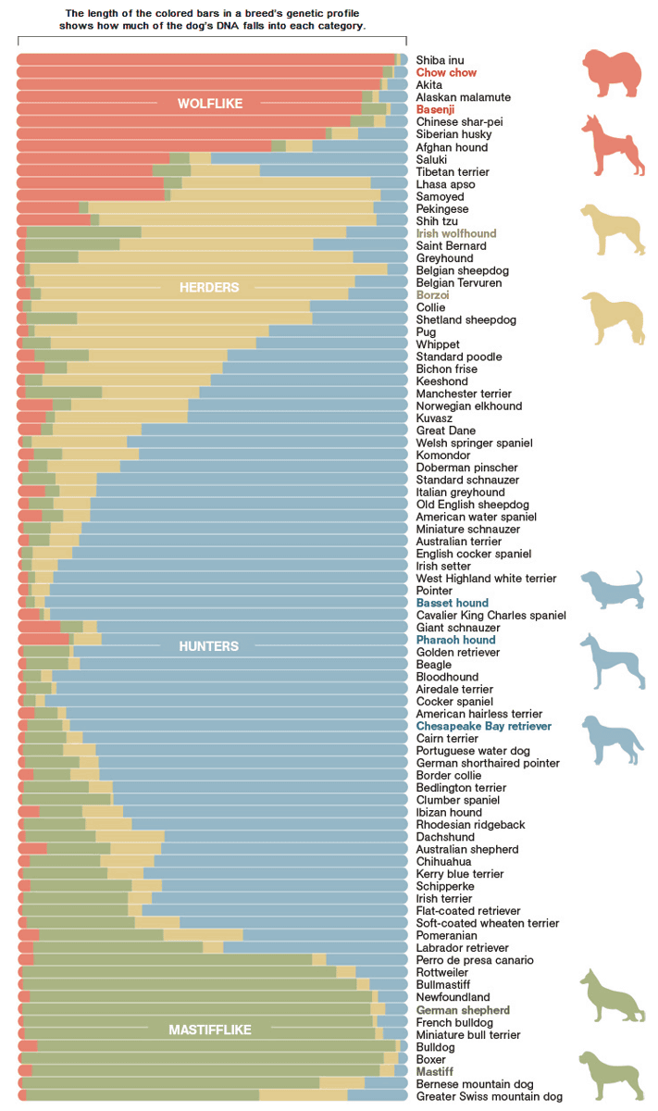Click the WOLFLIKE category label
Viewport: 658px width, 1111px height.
pyautogui.click(x=210, y=104)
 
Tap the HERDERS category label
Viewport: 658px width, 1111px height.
pyautogui.click(x=209, y=287)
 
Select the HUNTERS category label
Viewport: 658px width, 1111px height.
pyautogui.click(x=208, y=646)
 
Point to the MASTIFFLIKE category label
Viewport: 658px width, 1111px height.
pyautogui.click(x=209, y=1030)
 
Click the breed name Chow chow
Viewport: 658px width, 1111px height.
pyautogui.click(x=446, y=72)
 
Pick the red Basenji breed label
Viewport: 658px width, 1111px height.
pyautogui.click(x=437, y=109)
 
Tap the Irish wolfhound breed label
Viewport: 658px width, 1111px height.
pyautogui.click(x=456, y=233)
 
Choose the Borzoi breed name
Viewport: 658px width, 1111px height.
pyautogui.click(x=432, y=294)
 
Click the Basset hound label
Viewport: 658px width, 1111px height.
pyautogui.click(x=453, y=603)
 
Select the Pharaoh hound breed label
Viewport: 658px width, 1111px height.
pyautogui.click(x=455, y=640)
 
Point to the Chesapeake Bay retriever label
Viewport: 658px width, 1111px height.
pyautogui.click(x=483, y=727)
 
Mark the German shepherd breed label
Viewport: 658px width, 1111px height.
pyautogui.click(x=463, y=1010)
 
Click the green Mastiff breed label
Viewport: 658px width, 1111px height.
pyautogui.click(x=434, y=1071)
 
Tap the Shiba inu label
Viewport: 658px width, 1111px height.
pyautogui.click(x=441, y=60)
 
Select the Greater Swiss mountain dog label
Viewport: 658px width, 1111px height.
pyautogui.click(x=489, y=1096)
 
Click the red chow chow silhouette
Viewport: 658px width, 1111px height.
pyautogui.click(x=614, y=74)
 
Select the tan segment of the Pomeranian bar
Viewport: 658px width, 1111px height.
pyautogui.click(x=203, y=935)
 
